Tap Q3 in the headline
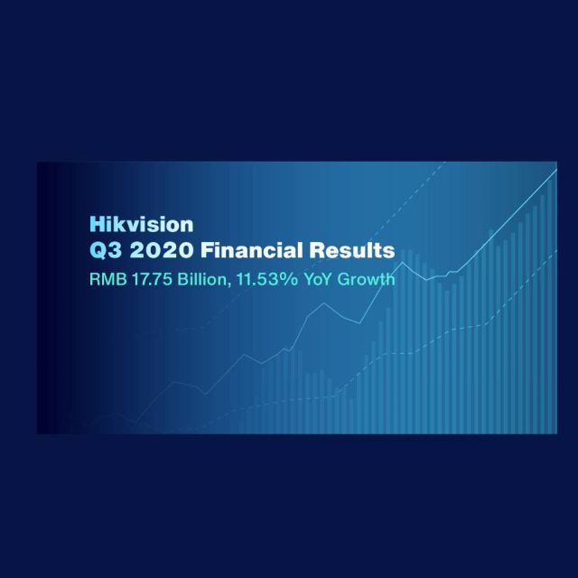pos(104,248)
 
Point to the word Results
pos(350,248)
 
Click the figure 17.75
pos(145,279)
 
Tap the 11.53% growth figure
pos(263,279)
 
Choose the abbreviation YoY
pos(317,279)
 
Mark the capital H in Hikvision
pos(95,221)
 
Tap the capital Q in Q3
pos(97,248)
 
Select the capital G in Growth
pos(348,279)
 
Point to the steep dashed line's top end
pos(446,164)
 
